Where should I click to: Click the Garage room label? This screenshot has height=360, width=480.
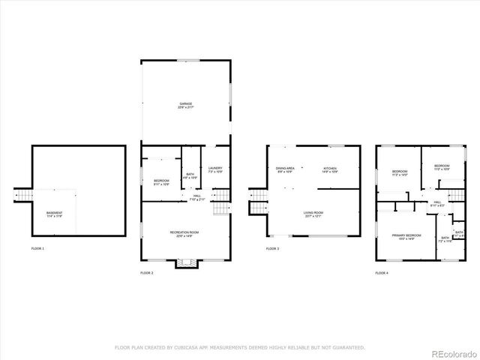pyautogui.click(x=185, y=103)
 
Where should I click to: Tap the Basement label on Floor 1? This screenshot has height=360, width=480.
pyautogui.click(x=55, y=213)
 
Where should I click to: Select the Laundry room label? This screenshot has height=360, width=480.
pyautogui.click(x=215, y=169)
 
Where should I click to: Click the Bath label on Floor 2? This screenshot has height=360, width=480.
pyautogui.click(x=190, y=175)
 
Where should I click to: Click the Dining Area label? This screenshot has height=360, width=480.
pyautogui.click(x=285, y=169)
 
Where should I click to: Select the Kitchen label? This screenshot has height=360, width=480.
pyautogui.click(x=330, y=169)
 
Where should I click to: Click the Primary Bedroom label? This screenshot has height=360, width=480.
pyautogui.click(x=406, y=235)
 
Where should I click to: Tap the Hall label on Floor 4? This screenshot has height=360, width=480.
pyautogui.click(x=436, y=202)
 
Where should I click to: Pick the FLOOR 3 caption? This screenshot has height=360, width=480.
pyautogui.click(x=272, y=248)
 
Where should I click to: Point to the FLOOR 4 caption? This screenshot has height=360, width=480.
pyautogui.click(x=382, y=273)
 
